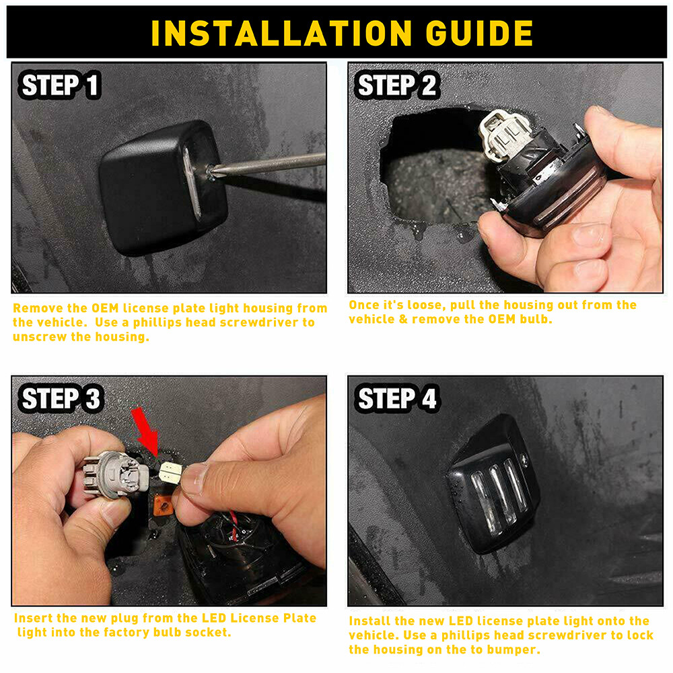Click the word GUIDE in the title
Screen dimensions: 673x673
point(479,33)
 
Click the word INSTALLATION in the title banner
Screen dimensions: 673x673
point(281,33)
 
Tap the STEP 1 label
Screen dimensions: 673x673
point(60,85)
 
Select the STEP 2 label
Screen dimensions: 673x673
point(396,85)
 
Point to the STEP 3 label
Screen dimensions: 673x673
point(60,398)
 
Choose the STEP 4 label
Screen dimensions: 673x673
point(396,398)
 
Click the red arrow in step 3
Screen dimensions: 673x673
point(145,432)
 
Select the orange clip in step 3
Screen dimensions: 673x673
point(163,505)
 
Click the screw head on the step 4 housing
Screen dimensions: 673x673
point(524,458)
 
